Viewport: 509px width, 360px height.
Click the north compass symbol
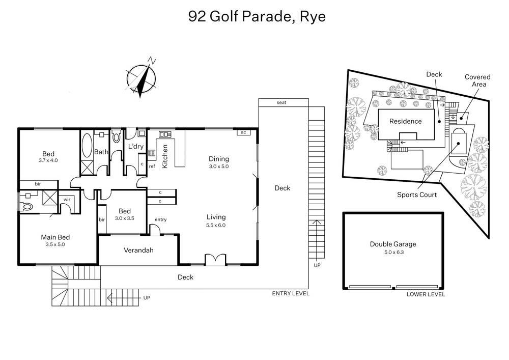(141, 77)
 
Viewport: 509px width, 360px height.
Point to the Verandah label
(138, 251)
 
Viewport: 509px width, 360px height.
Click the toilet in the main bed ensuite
(27, 207)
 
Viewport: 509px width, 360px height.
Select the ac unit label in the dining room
(243, 132)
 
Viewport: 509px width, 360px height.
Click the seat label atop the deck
(281, 102)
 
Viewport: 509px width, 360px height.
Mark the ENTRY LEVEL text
(291, 294)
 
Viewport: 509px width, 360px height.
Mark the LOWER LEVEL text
(426, 294)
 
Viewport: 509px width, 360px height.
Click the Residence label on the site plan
(405, 121)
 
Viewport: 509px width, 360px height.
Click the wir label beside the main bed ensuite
(67, 200)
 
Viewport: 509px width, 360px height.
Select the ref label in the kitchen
(152, 166)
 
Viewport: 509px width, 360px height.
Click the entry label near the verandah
(161, 219)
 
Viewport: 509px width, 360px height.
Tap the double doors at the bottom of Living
(215, 260)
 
